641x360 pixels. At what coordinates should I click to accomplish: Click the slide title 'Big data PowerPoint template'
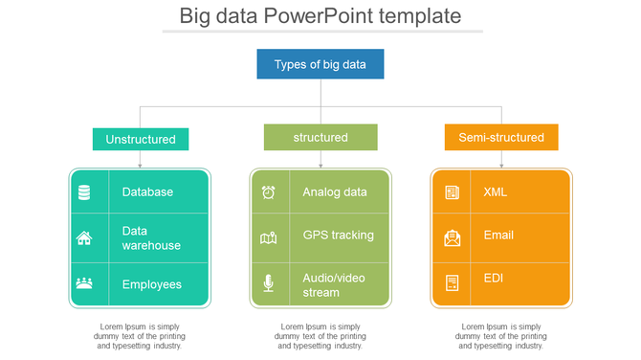click(320, 16)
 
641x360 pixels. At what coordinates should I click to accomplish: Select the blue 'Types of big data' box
click(320, 64)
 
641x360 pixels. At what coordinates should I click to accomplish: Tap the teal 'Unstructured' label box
click(141, 139)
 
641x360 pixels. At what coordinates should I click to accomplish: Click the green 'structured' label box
click(320, 138)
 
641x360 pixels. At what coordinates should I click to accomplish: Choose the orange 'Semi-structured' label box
click(501, 138)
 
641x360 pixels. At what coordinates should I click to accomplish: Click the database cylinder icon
click(84, 192)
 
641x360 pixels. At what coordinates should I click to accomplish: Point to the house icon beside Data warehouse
click(84, 238)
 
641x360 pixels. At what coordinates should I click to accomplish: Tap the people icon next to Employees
click(84, 283)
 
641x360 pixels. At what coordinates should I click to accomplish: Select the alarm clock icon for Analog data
click(269, 192)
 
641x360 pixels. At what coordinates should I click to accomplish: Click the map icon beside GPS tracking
click(269, 237)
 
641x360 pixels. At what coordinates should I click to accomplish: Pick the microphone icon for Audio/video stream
click(269, 283)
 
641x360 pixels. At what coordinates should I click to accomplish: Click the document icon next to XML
click(452, 192)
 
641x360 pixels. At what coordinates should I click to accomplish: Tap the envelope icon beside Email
click(452, 237)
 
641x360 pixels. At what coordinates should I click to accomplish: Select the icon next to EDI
click(452, 282)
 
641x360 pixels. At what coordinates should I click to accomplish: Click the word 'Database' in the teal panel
click(147, 192)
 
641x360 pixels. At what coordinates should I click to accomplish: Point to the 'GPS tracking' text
click(338, 236)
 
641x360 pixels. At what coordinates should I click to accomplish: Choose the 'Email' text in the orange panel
click(498, 236)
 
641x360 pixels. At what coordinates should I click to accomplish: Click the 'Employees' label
click(151, 284)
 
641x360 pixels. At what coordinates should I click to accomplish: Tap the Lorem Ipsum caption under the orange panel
click(501, 336)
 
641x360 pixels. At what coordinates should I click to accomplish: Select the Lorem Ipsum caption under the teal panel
click(140, 336)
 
